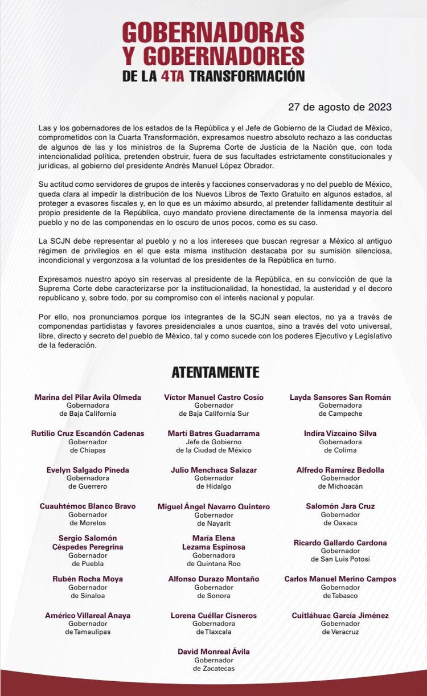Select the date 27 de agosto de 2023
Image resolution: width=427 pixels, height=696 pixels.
coord(340,107)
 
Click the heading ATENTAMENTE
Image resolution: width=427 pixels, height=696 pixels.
coord(215,372)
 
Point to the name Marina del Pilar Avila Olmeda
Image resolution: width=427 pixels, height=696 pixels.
coord(88,397)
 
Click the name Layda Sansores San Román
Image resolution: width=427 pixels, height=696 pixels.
coord(340,397)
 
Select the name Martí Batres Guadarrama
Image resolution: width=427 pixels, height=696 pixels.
coord(213,433)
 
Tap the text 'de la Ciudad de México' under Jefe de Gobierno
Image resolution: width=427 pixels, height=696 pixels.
coord(213,450)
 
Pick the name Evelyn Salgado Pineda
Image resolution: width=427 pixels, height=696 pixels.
coord(88,470)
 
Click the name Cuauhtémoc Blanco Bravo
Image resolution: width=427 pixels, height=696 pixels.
coord(88,506)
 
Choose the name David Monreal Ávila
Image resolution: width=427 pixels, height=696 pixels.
coord(213,652)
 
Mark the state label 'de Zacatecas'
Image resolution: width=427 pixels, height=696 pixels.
coord(213,668)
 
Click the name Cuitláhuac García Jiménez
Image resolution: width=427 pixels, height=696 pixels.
coord(340,615)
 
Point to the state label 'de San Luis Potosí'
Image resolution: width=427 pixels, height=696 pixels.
coord(340,559)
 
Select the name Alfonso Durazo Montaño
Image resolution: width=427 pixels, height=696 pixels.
coord(213,579)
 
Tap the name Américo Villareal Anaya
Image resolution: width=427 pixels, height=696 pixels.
coord(88,615)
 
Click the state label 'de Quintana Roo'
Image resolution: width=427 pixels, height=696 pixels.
coord(213,563)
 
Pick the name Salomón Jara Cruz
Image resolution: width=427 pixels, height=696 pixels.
coord(340,506)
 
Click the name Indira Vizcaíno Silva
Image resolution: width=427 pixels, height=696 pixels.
coord(340,433)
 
